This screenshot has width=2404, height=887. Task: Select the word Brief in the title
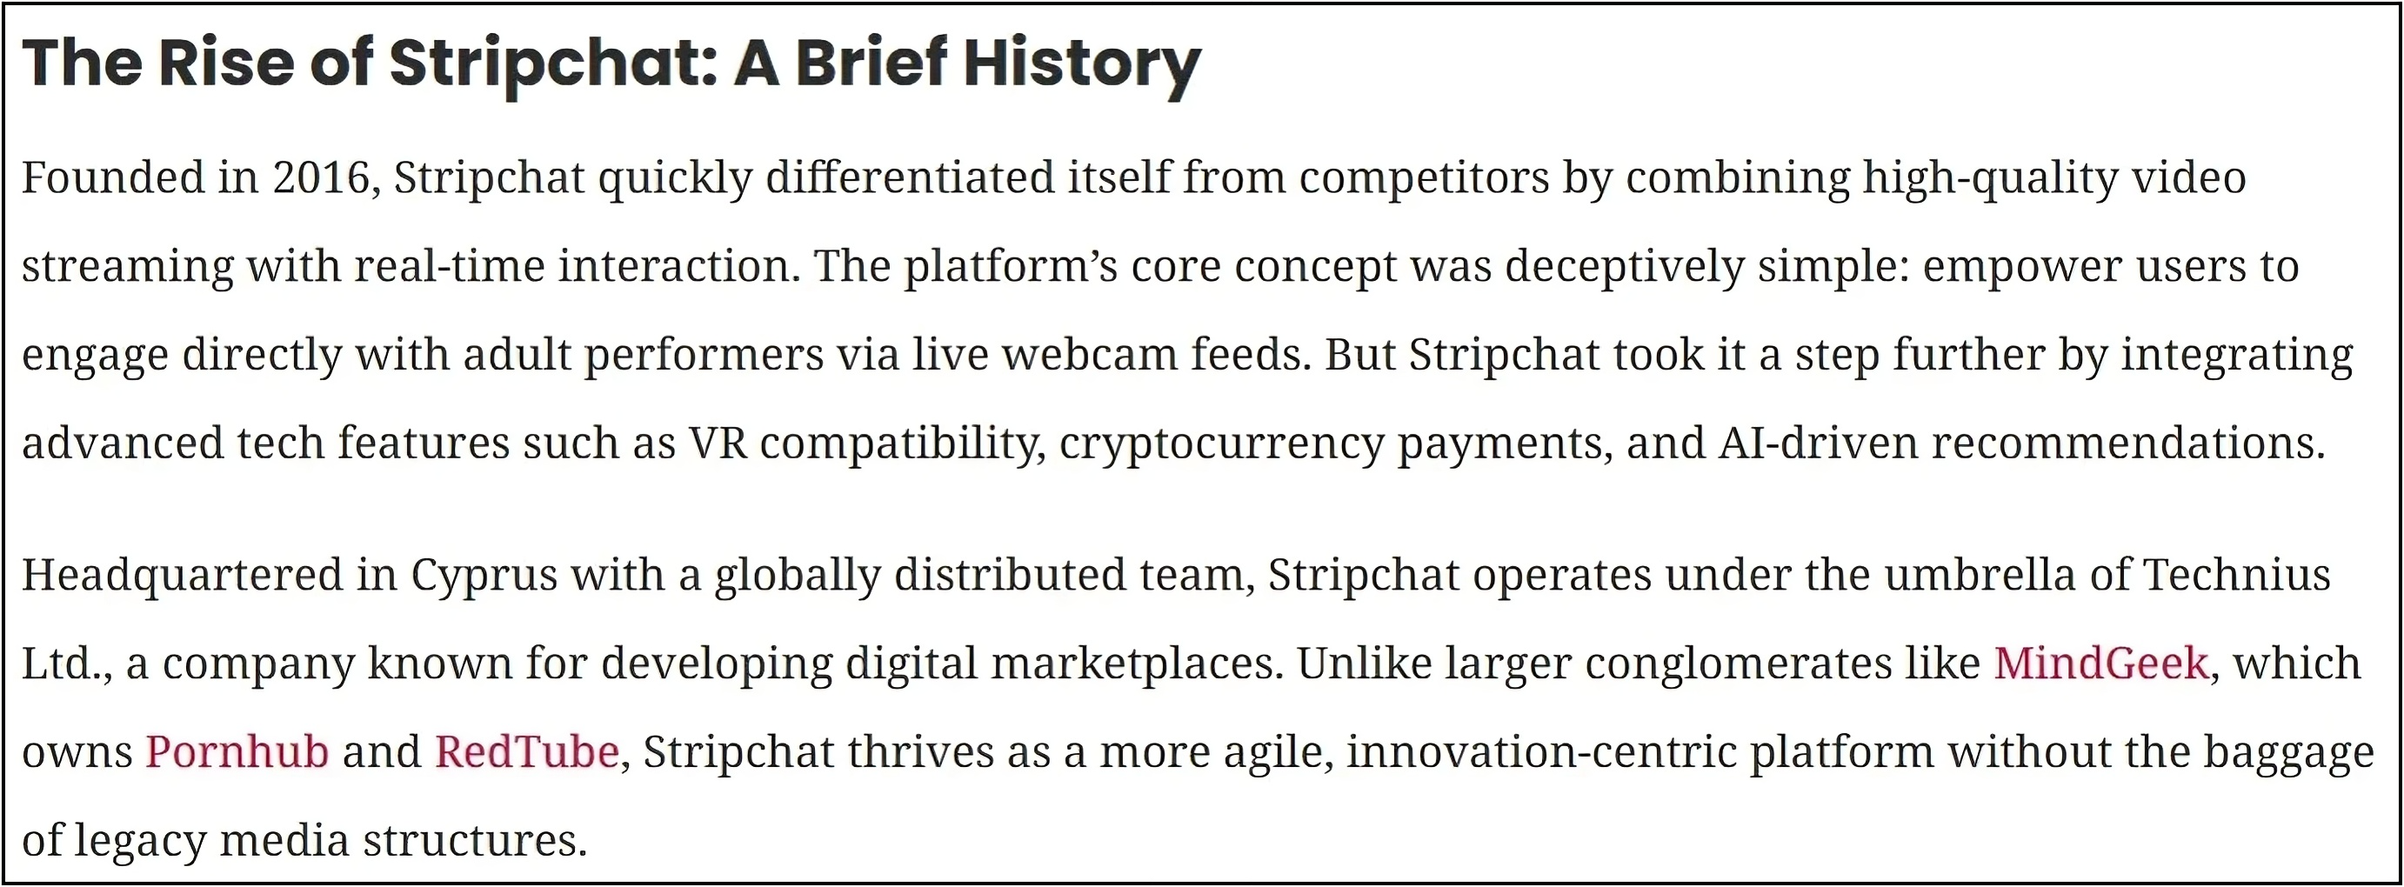pyautogui.click(x=873, y=62)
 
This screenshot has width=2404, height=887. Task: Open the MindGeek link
pyautogui.click(x=2101, y=664)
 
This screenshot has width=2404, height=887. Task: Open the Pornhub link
pyautogui.click(x=237, y=751)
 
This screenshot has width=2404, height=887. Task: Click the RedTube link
pyautogui.click(x=527, y=751)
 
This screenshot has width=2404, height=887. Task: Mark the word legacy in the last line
pyautogui.click(x=139, y=841)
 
